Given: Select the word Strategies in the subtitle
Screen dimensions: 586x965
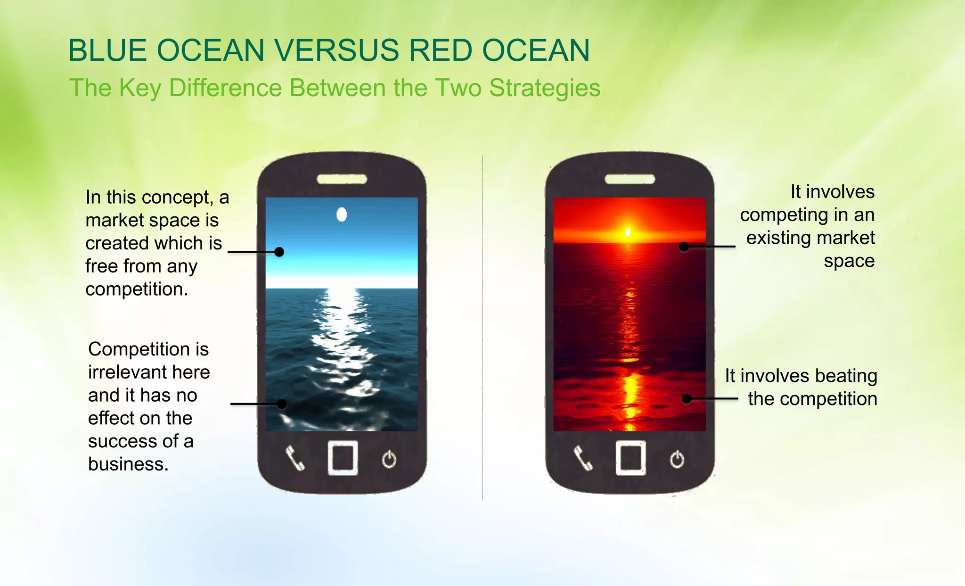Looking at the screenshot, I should coord(545,88).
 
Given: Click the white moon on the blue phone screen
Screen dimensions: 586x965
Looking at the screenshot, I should coord(342,215).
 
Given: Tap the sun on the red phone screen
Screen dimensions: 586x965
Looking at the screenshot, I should coord(628,232).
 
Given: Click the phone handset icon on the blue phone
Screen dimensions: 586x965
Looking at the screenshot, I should coord(295,458).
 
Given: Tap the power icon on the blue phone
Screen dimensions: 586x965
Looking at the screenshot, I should coord(389,459).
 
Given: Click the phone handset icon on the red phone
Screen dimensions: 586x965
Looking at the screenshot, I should coord(583,458).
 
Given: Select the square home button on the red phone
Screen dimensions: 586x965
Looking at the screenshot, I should coord(630,458).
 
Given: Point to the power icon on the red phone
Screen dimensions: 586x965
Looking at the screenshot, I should coord(677,459).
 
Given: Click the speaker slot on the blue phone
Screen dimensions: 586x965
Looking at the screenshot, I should coord(342,179).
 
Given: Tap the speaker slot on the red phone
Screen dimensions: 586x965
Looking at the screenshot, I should coord(630,179).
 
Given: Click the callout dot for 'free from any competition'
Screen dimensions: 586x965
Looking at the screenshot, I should coord(279,252).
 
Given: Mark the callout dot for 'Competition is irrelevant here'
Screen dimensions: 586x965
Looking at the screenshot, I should coord(282,404).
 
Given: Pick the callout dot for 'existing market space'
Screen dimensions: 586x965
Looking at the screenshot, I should coord(684,246).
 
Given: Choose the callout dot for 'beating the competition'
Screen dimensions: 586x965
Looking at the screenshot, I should coord(687,399).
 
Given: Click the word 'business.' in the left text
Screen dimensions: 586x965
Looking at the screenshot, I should coord(128,464).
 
